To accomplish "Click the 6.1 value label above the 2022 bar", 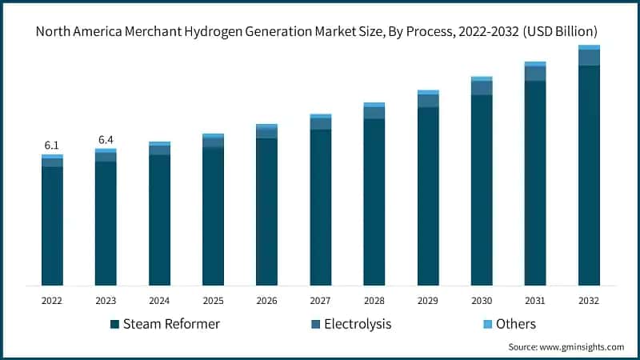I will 52,146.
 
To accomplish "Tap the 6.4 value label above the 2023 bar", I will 106,140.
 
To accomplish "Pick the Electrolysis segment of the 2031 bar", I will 535,74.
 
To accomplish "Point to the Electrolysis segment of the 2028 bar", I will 374,113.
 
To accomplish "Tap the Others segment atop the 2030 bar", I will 482,78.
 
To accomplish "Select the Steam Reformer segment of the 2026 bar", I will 266,211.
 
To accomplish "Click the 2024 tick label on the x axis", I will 159,301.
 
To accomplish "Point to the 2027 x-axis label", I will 320,301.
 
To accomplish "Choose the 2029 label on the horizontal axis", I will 428,301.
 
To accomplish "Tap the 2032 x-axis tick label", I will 589,301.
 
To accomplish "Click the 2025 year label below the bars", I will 213,301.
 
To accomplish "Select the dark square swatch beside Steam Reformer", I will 114,324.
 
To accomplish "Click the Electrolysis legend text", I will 358,324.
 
